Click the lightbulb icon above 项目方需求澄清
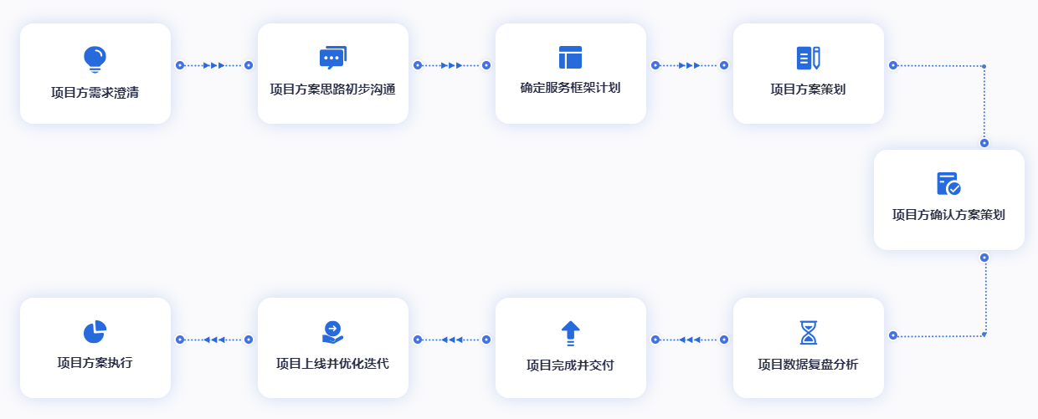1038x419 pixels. pyautogui.click(x=95, y=59)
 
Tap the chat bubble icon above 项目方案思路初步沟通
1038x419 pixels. pyautogui.click(x=332, y=58)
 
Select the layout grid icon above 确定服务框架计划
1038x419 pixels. pyautogui.click(x=570, y=58)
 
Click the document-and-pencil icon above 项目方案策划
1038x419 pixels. pyautogui.click(x=808, y=58)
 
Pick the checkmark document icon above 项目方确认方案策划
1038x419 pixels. pyautogui.click(x=948, y=184)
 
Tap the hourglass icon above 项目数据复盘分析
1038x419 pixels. pyautogui.click(x=808, y=332)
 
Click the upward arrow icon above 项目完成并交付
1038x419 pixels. pyautogui.click(x=570, y=333)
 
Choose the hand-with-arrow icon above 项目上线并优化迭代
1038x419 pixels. pyautogui.click(x=332, y=332)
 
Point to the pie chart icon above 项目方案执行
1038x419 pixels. pyautogui.click(x=95, y=331)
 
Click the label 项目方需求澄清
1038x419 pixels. pyautogui.click(x=95, y=93)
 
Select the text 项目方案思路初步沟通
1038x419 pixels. pyautogui.click(x=332, y=89)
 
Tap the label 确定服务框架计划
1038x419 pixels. pyautogui.click(x=570, y=88)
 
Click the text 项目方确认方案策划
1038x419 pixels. pyautogui.click(x=948, y=215)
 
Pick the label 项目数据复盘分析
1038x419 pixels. pyautogui.click(x=808, y=365)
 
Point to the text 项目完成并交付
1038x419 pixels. pyautogui.click(x=570, y=365)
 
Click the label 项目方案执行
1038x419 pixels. pyautogui.click(x=95, y=362)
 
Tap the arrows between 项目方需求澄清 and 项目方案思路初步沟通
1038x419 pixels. pyautogui.click(x=214, y=65)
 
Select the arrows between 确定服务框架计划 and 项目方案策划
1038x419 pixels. pyautogui.click(x=690, y=65)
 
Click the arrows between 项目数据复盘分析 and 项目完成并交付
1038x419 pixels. pyautogui.click(x=690, y=340)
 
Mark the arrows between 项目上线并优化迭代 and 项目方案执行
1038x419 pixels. pyautogui.click(x=214, y=340)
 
